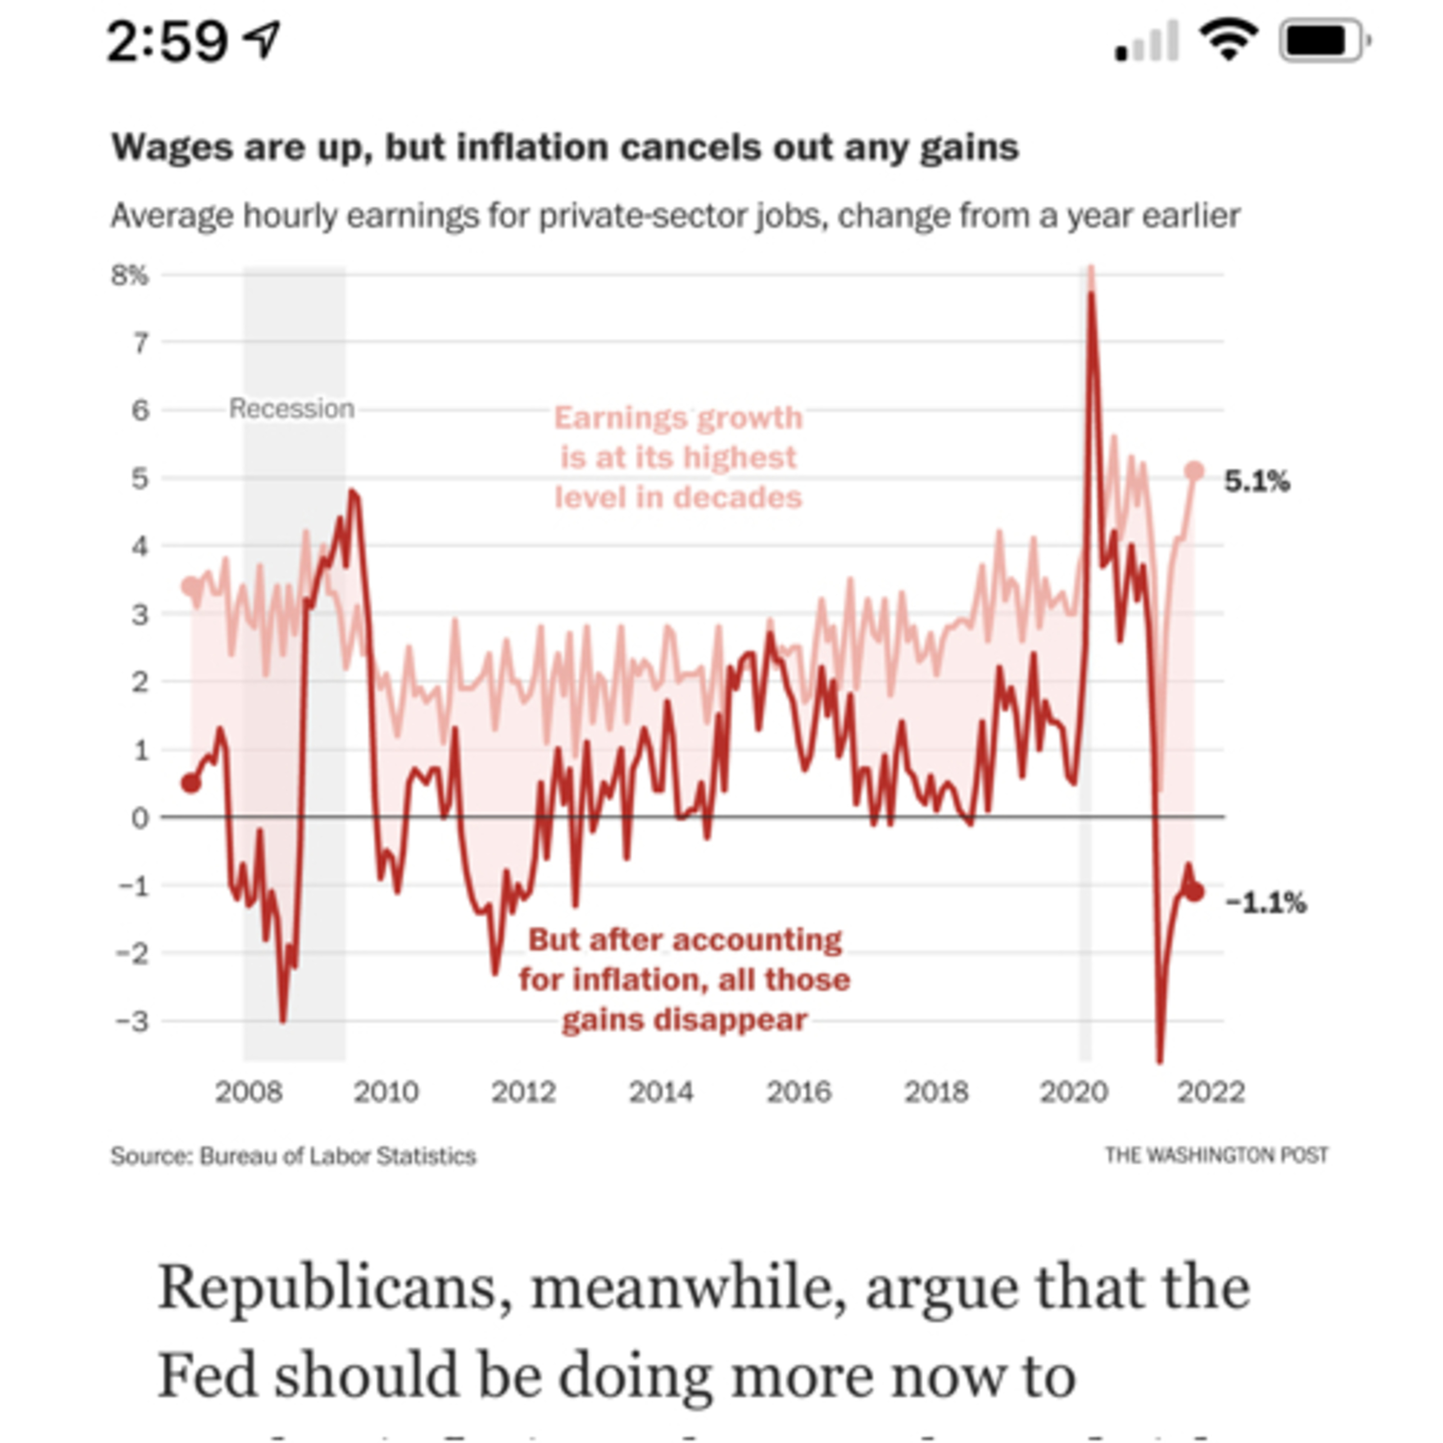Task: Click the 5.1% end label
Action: (x=1256, y=482)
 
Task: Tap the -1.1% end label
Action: (x=1266, y=903)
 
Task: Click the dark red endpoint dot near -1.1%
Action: (x=1194, y=892)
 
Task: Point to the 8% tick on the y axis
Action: (x=130, y=276)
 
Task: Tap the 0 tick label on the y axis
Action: (x=139, y=818)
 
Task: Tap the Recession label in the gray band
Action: (x=291, y=408)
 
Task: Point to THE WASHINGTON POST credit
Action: (x=1216, y=1155)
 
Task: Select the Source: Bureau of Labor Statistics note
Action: (x=293, y=1156)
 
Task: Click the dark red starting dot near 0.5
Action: (x=191, y=783)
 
